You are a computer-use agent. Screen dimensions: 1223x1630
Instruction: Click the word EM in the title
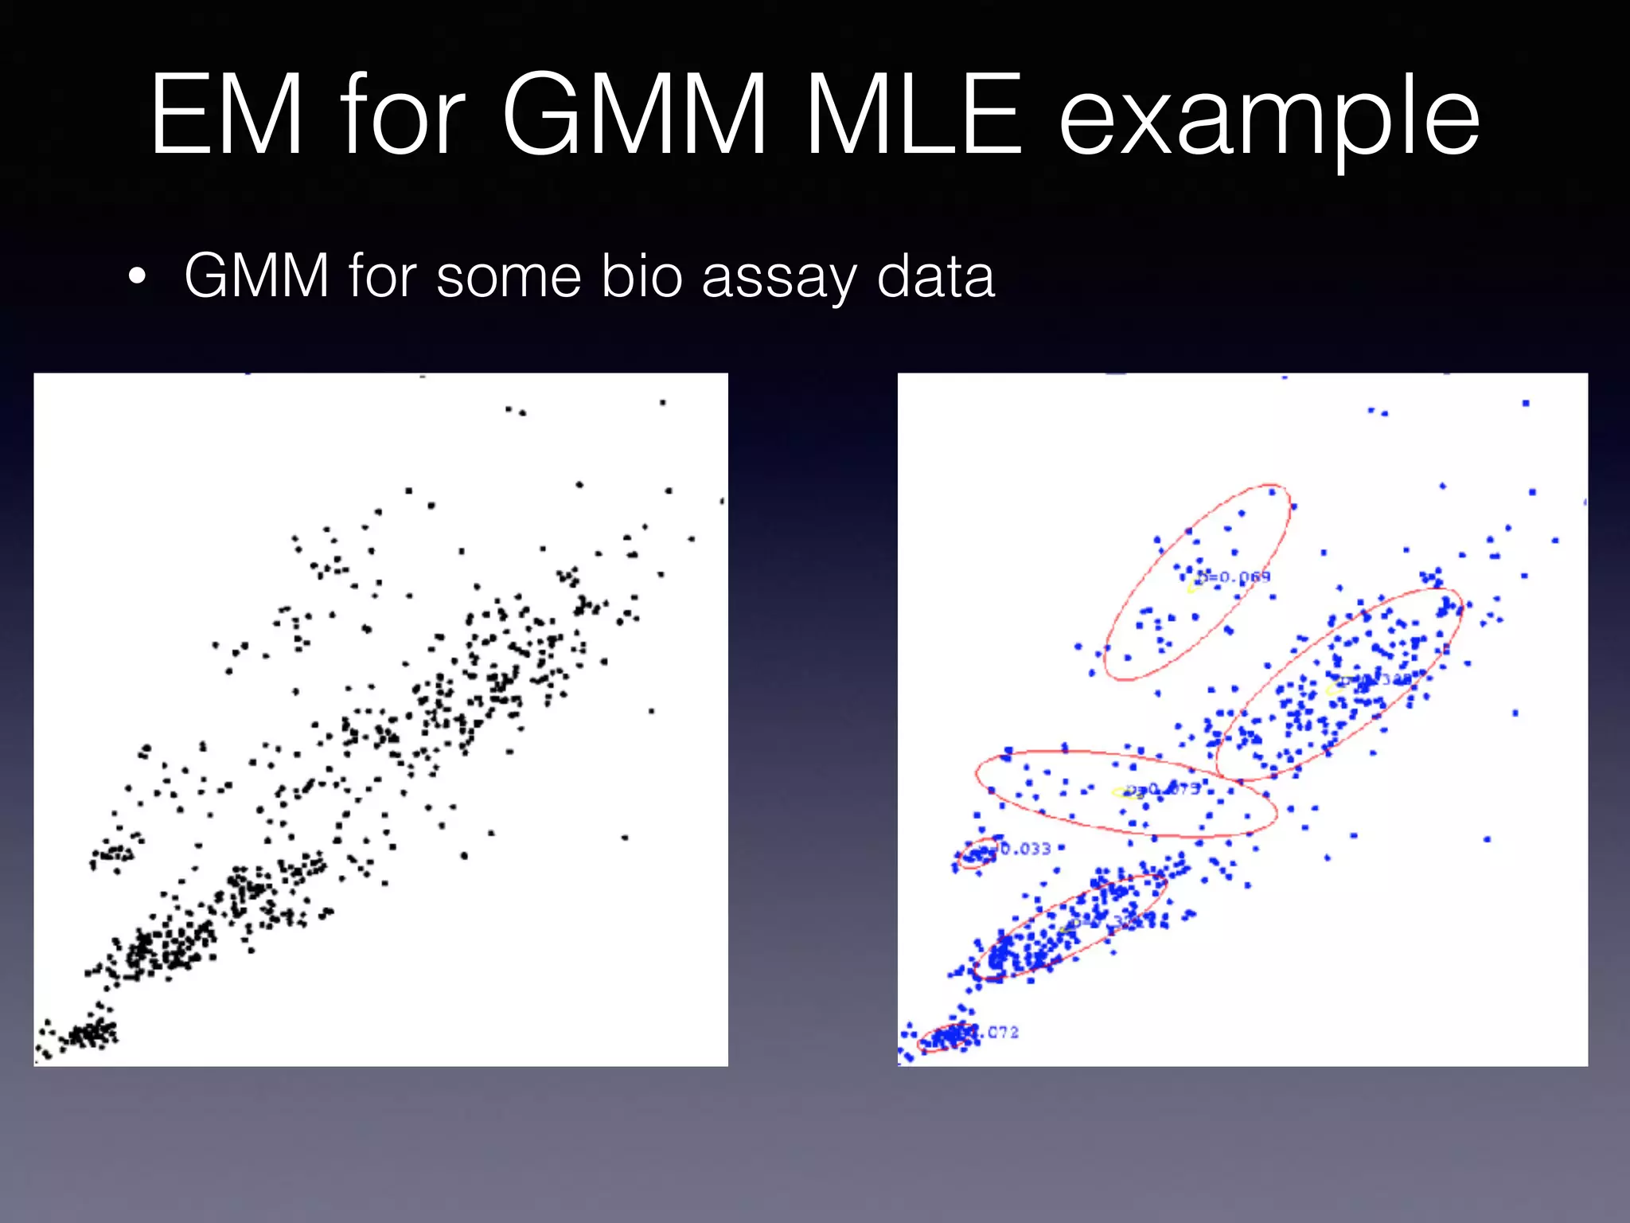point(228,115)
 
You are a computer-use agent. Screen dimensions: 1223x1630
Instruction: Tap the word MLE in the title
point(914,115)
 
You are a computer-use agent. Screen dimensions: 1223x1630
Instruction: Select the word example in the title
point(1269,119)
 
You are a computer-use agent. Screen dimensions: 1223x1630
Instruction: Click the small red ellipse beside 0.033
point(977,854)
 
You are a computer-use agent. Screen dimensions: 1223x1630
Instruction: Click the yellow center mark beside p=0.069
point(1191,588)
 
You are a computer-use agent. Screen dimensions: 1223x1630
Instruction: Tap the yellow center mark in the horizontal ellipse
point(1122,792)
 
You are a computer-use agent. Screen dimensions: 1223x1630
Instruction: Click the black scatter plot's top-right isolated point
point(662,403)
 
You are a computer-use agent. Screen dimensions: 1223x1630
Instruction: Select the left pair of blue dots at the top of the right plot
point(1378,412)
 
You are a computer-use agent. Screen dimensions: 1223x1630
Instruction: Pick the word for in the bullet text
point(382,275)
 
